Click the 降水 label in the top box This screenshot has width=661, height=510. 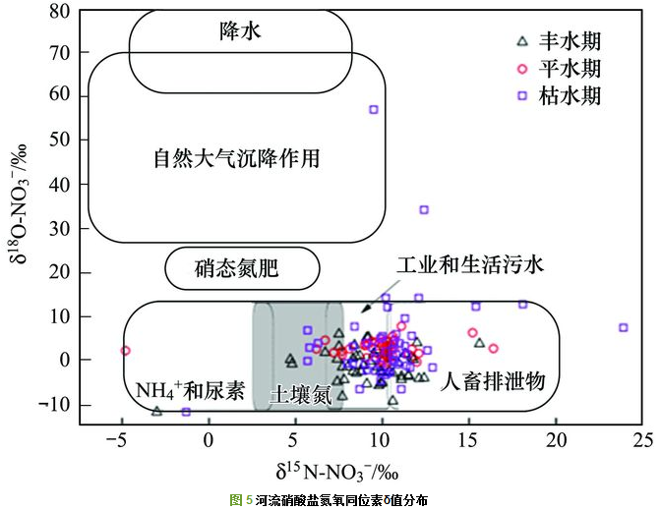[240, 32]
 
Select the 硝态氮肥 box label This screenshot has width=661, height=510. [241, 267]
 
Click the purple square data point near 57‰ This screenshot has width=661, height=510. [374, 109]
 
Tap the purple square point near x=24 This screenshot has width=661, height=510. [623, 327]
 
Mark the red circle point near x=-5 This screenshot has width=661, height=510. [125, 351]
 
